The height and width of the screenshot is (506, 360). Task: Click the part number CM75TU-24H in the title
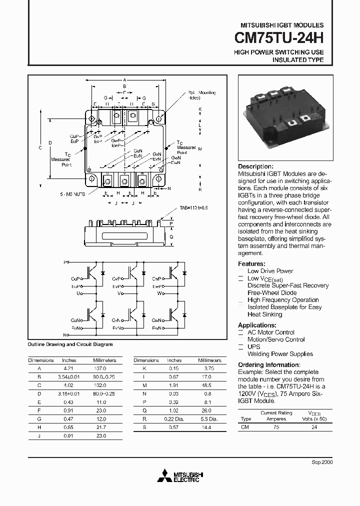(x=279, y=38)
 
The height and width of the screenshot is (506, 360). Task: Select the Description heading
(x=255, y=166)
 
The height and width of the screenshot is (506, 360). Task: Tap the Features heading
(x=251, y=263)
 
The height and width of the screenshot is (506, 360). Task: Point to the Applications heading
(x=257, y=325)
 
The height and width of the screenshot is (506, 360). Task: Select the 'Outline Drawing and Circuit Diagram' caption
(x=70, y=344)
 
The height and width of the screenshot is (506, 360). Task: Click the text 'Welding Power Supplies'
(x=280, y=354)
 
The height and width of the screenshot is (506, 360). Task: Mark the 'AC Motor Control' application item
(x=271, y=332)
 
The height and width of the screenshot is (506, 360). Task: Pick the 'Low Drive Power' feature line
(x=270, y=271)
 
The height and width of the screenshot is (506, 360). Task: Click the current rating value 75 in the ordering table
(x=276, y=427)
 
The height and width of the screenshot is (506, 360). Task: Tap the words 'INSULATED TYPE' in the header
(x=297, y=60)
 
